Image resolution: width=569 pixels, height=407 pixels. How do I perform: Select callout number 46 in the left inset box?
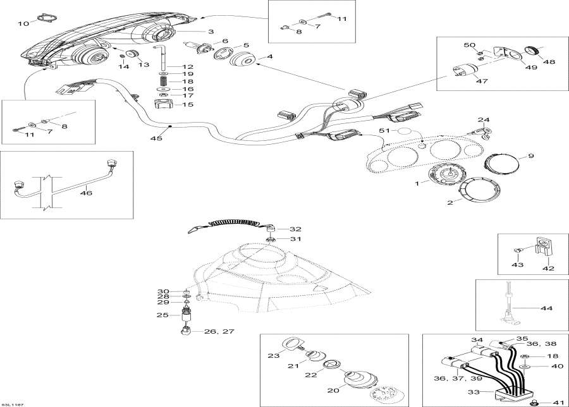(86, 193)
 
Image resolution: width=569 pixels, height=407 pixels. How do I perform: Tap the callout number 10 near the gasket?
(23, 24)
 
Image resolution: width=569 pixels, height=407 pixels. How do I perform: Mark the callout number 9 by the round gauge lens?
(530, 155)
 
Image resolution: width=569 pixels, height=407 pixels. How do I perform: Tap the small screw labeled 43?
(517, 251)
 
